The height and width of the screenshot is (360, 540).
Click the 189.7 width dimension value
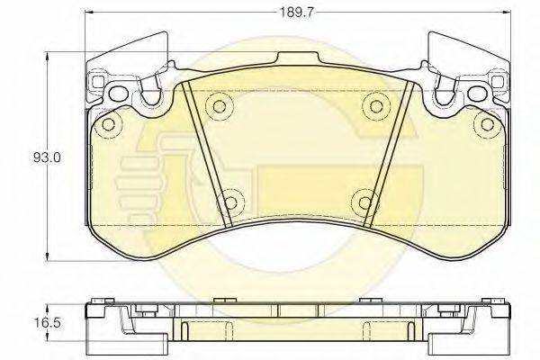point(296,13)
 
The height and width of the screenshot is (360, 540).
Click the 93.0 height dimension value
point(47,157)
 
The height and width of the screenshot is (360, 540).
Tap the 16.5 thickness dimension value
point(47,323)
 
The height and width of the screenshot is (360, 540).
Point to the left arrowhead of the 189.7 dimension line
point(89,13)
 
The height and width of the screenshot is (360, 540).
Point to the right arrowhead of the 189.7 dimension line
point(506,13)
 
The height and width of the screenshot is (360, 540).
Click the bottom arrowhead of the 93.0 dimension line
point(47,256)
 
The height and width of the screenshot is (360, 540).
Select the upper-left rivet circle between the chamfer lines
point(220,106)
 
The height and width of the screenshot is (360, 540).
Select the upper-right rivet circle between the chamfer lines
point(375,106)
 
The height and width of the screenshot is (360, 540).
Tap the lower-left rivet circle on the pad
point(230,202)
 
